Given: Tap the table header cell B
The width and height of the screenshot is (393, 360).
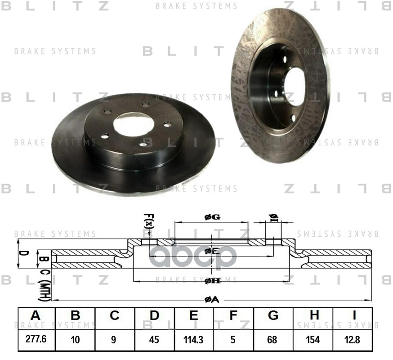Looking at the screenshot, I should (75, 316).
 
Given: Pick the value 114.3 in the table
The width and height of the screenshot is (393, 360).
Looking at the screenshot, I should (194, 340).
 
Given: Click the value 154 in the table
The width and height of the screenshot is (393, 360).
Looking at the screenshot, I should (313, 340).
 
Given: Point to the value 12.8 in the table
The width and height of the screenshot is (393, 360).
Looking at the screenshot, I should (353, 340).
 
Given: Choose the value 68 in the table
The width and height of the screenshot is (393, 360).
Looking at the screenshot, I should (273, 340).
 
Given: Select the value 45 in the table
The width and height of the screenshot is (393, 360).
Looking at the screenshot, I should (154, 340).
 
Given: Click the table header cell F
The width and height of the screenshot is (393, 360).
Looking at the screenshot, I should (233, 316).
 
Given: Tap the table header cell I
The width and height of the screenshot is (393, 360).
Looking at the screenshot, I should (353, 316).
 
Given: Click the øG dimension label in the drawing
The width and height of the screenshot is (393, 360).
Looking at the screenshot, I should (212, 217).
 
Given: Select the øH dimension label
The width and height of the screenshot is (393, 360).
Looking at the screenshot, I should (212, 281).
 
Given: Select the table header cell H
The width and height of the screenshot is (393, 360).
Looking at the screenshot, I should (313, 316).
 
